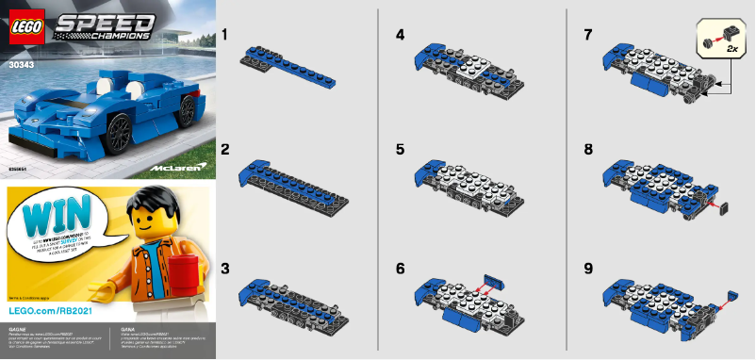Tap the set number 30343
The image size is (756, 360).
coord(20,66)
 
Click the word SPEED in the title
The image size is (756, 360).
coord(93,25)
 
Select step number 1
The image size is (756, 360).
coord(225,34)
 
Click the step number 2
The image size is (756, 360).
coord(225,150)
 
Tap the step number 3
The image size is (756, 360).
coord(225,269)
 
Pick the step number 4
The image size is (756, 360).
coord(401,34)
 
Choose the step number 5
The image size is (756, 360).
coord(401,150)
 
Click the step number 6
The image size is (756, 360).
coord(401,269)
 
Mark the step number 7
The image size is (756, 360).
coord(589,34)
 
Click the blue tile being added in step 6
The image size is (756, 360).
coord(494,279)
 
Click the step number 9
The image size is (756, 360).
coord(589,269)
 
